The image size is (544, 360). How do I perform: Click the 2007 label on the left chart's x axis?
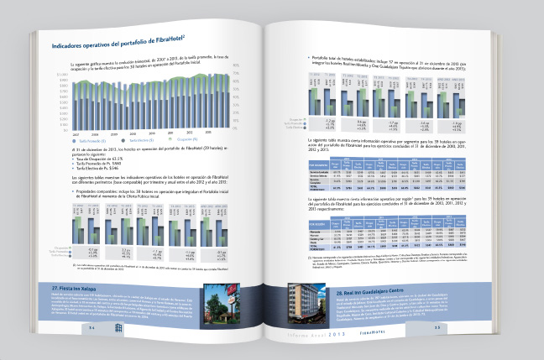pos(75,133)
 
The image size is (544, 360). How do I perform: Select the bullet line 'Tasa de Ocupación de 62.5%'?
pos(87,157)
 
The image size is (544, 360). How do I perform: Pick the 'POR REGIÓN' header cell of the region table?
pos(320,223)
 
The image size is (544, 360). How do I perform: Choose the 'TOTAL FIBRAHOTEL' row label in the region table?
pos(320,247)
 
